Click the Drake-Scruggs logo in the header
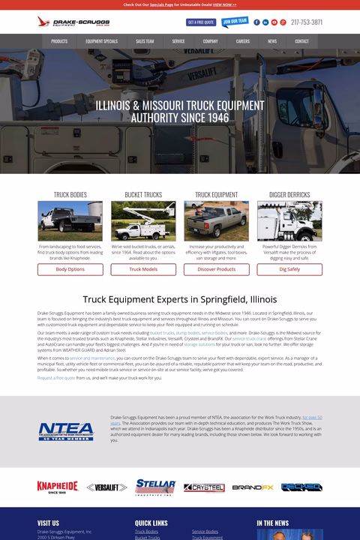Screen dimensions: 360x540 (63, 22)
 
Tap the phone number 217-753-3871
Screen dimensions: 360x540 (306, 22)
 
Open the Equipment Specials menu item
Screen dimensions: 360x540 (101, 41)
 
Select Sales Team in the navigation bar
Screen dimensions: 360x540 (145, 41)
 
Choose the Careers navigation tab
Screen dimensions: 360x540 (242, 41)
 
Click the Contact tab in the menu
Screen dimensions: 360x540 (301, 41)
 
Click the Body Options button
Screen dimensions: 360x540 (70, 269)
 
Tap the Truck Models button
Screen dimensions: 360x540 (143, 269)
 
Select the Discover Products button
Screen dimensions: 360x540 (217, 269)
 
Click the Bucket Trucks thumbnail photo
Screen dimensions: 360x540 (143, 221)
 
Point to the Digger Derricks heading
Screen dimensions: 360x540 (289, 195)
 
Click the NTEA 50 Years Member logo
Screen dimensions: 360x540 (67, 431)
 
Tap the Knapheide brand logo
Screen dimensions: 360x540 (58, 487)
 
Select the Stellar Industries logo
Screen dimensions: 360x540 (156, 487)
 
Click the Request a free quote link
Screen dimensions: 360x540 (56, 378)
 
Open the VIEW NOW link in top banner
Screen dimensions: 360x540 (224, 4)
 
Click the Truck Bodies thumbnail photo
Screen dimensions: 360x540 (70, 221)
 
